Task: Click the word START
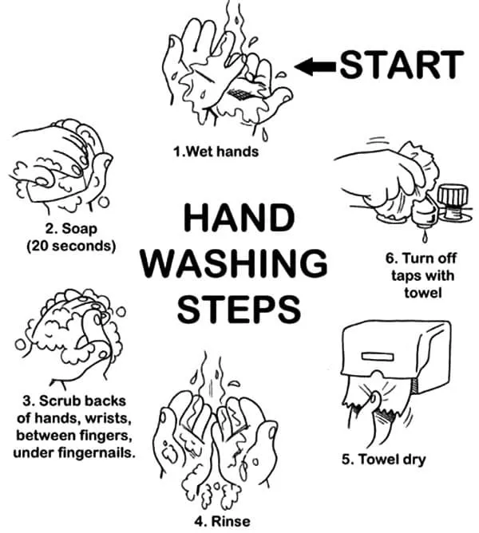pos(402,65)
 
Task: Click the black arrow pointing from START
pos(315,66)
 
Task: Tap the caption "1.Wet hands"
pos(216,152)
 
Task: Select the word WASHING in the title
pos(234,263)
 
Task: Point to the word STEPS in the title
pos(239,309)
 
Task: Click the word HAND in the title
pos(239,218)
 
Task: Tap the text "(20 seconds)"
pos(71,246)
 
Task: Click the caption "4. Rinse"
pos(223,521)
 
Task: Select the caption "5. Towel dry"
pos(384,460)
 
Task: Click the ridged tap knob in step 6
pos(453,195)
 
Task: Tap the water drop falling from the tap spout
pos(425,237)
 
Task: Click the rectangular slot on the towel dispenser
pos(378,357)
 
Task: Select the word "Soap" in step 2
pos(80,229)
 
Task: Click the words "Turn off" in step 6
pos(430,259)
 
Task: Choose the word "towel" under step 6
pos(423,293)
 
